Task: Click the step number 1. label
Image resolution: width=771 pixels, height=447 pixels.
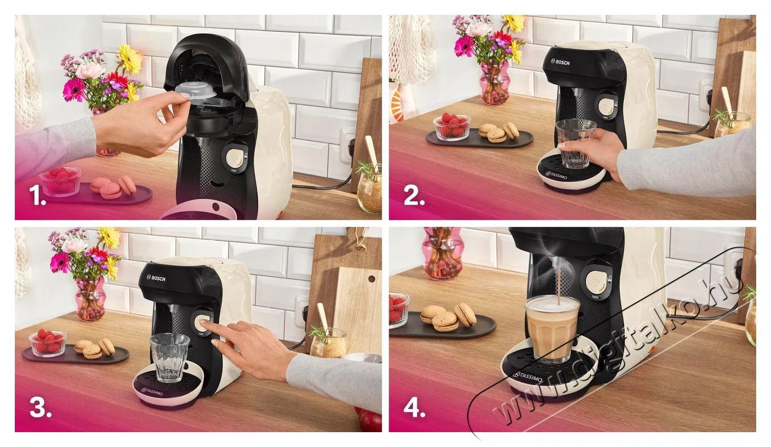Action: (38, 198)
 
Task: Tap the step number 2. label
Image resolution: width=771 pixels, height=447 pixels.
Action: (414, 196)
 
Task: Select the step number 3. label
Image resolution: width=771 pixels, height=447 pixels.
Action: (40, 408)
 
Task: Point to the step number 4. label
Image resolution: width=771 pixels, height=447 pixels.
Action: (414, 408)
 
